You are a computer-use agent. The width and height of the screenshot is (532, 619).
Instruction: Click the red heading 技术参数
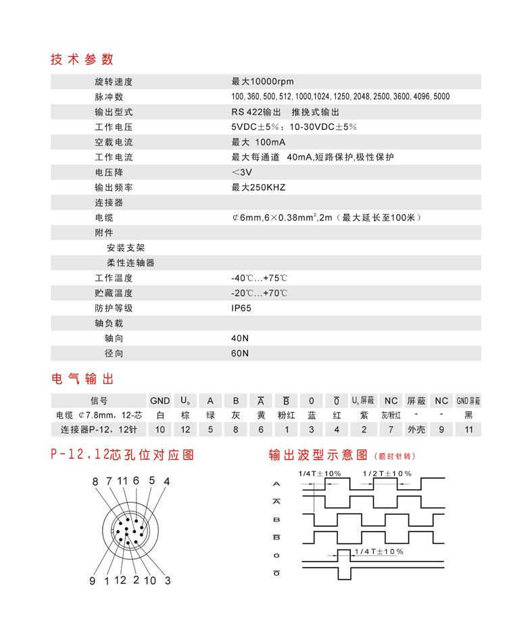tap(82, 59)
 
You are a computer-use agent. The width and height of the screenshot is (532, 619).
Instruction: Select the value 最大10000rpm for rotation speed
tap(262, 82)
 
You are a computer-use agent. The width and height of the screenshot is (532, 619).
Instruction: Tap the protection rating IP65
tap(243, 308)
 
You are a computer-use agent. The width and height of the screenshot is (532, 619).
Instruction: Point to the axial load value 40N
tap(240, 338)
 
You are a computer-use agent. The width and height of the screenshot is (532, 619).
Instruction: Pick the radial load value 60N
tap(240, 353)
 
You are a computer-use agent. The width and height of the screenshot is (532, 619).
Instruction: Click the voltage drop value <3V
tap(241, 173)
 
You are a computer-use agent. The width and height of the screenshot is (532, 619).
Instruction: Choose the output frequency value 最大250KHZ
tap(258, 187)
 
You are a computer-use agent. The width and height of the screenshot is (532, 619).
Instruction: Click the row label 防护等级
tap(114, 308)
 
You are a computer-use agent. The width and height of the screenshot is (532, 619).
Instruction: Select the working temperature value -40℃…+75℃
tap(260, 278)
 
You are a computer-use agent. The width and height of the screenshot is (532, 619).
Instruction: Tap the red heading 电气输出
tap(82, 378)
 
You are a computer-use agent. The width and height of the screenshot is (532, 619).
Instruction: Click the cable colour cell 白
tap(160, 415)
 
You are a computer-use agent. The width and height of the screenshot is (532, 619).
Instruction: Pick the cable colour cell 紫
tap(362, 415)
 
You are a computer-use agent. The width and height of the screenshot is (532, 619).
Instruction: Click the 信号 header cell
tap(99, 400)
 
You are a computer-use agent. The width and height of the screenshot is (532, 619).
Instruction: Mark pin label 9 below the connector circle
tap(93, 580)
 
